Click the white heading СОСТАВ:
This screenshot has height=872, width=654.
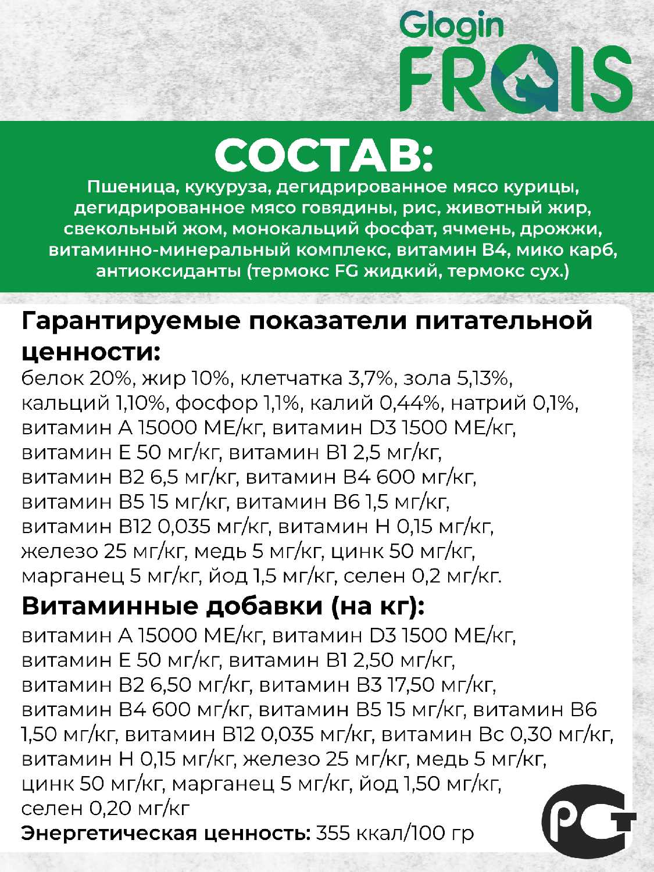324,155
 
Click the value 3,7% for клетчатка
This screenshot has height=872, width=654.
371,378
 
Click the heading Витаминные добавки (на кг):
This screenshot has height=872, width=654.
223,606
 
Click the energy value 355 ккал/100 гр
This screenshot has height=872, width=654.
395,833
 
